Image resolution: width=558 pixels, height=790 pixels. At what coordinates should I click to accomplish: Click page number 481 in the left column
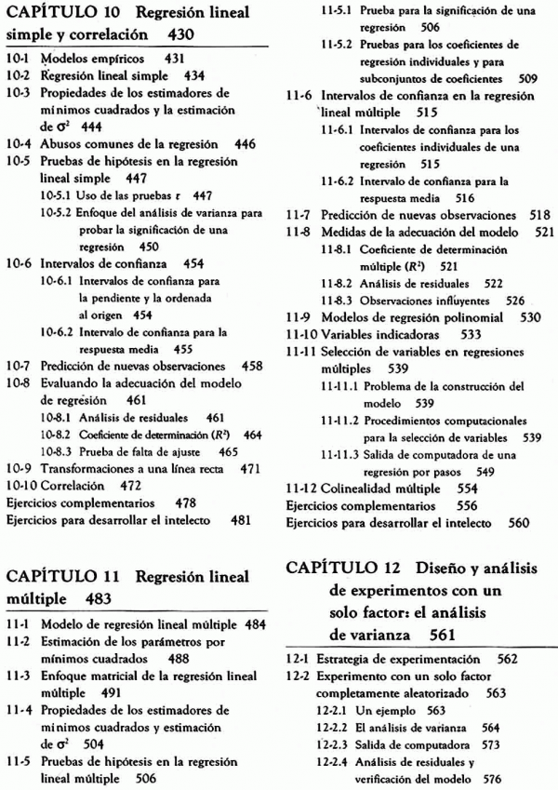pyautogui.click(x=241, y=520)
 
